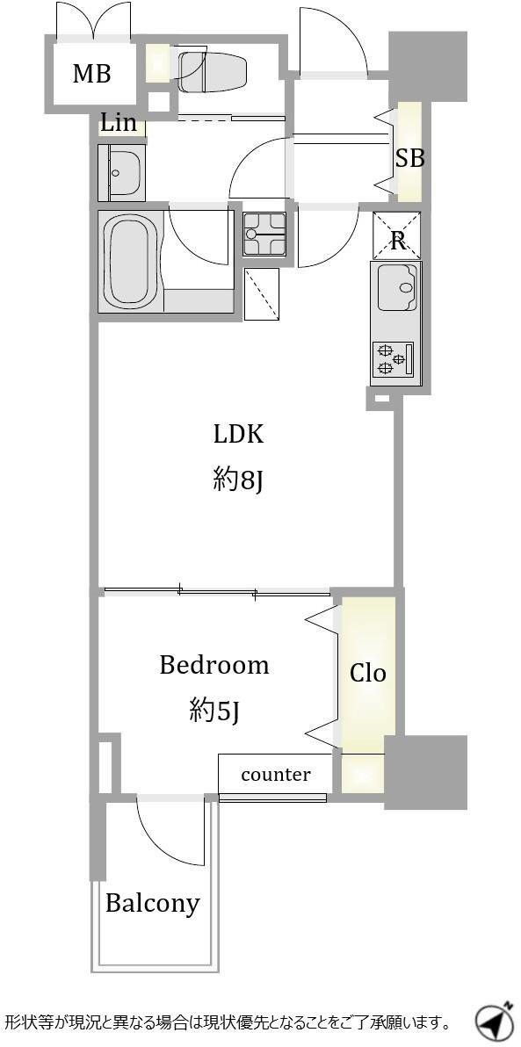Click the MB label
click(x=91, y=74)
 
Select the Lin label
click(x=119, y=122)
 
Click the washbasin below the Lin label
click(x=121, y=172)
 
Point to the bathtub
click(x=131, y=261)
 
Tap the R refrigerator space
click(x=397, y=235)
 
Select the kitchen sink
click(x=397, y=286)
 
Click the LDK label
click(x=238, y=435)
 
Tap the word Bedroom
click(x=213, y=665)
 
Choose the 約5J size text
click(x=213, y=711)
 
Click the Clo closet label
click(x=368, y=673)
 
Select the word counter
click(x=276, y=775)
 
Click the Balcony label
click(x=153, y=904)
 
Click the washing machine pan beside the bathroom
click(x=261, y=293)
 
